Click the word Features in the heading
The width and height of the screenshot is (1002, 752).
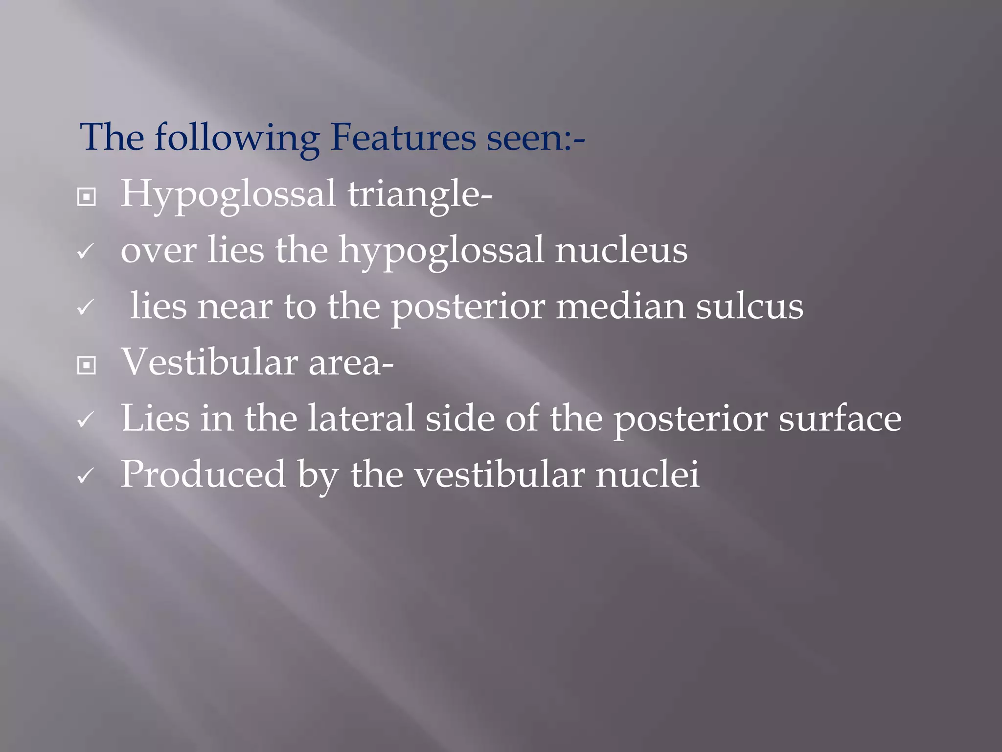pyautogui.click(x=403, y=138)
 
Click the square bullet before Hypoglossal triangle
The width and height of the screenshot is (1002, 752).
pyautogui.click(x=87, y=197)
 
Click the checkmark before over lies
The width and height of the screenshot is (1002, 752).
pyautogui.click(x=86, y=252)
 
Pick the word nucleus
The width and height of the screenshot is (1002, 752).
pyautogui.click(x=621, y=250)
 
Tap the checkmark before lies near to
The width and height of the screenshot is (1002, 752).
pyautogui.click(x=86, y=308)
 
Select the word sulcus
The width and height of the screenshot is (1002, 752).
pyautogui.click(x=750, y=306)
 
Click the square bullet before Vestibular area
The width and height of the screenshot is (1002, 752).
pyautogui.click(x=87, y=365)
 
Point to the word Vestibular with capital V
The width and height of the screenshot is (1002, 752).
pyautogui.click(x=209, y=362)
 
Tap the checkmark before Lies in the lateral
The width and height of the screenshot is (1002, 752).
pyautogui.click(x=86, y=420)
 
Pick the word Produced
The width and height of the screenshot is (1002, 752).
pyautogui.click(x=203, y=474)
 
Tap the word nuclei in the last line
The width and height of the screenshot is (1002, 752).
pyautogui.click(x=647, y=474)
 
